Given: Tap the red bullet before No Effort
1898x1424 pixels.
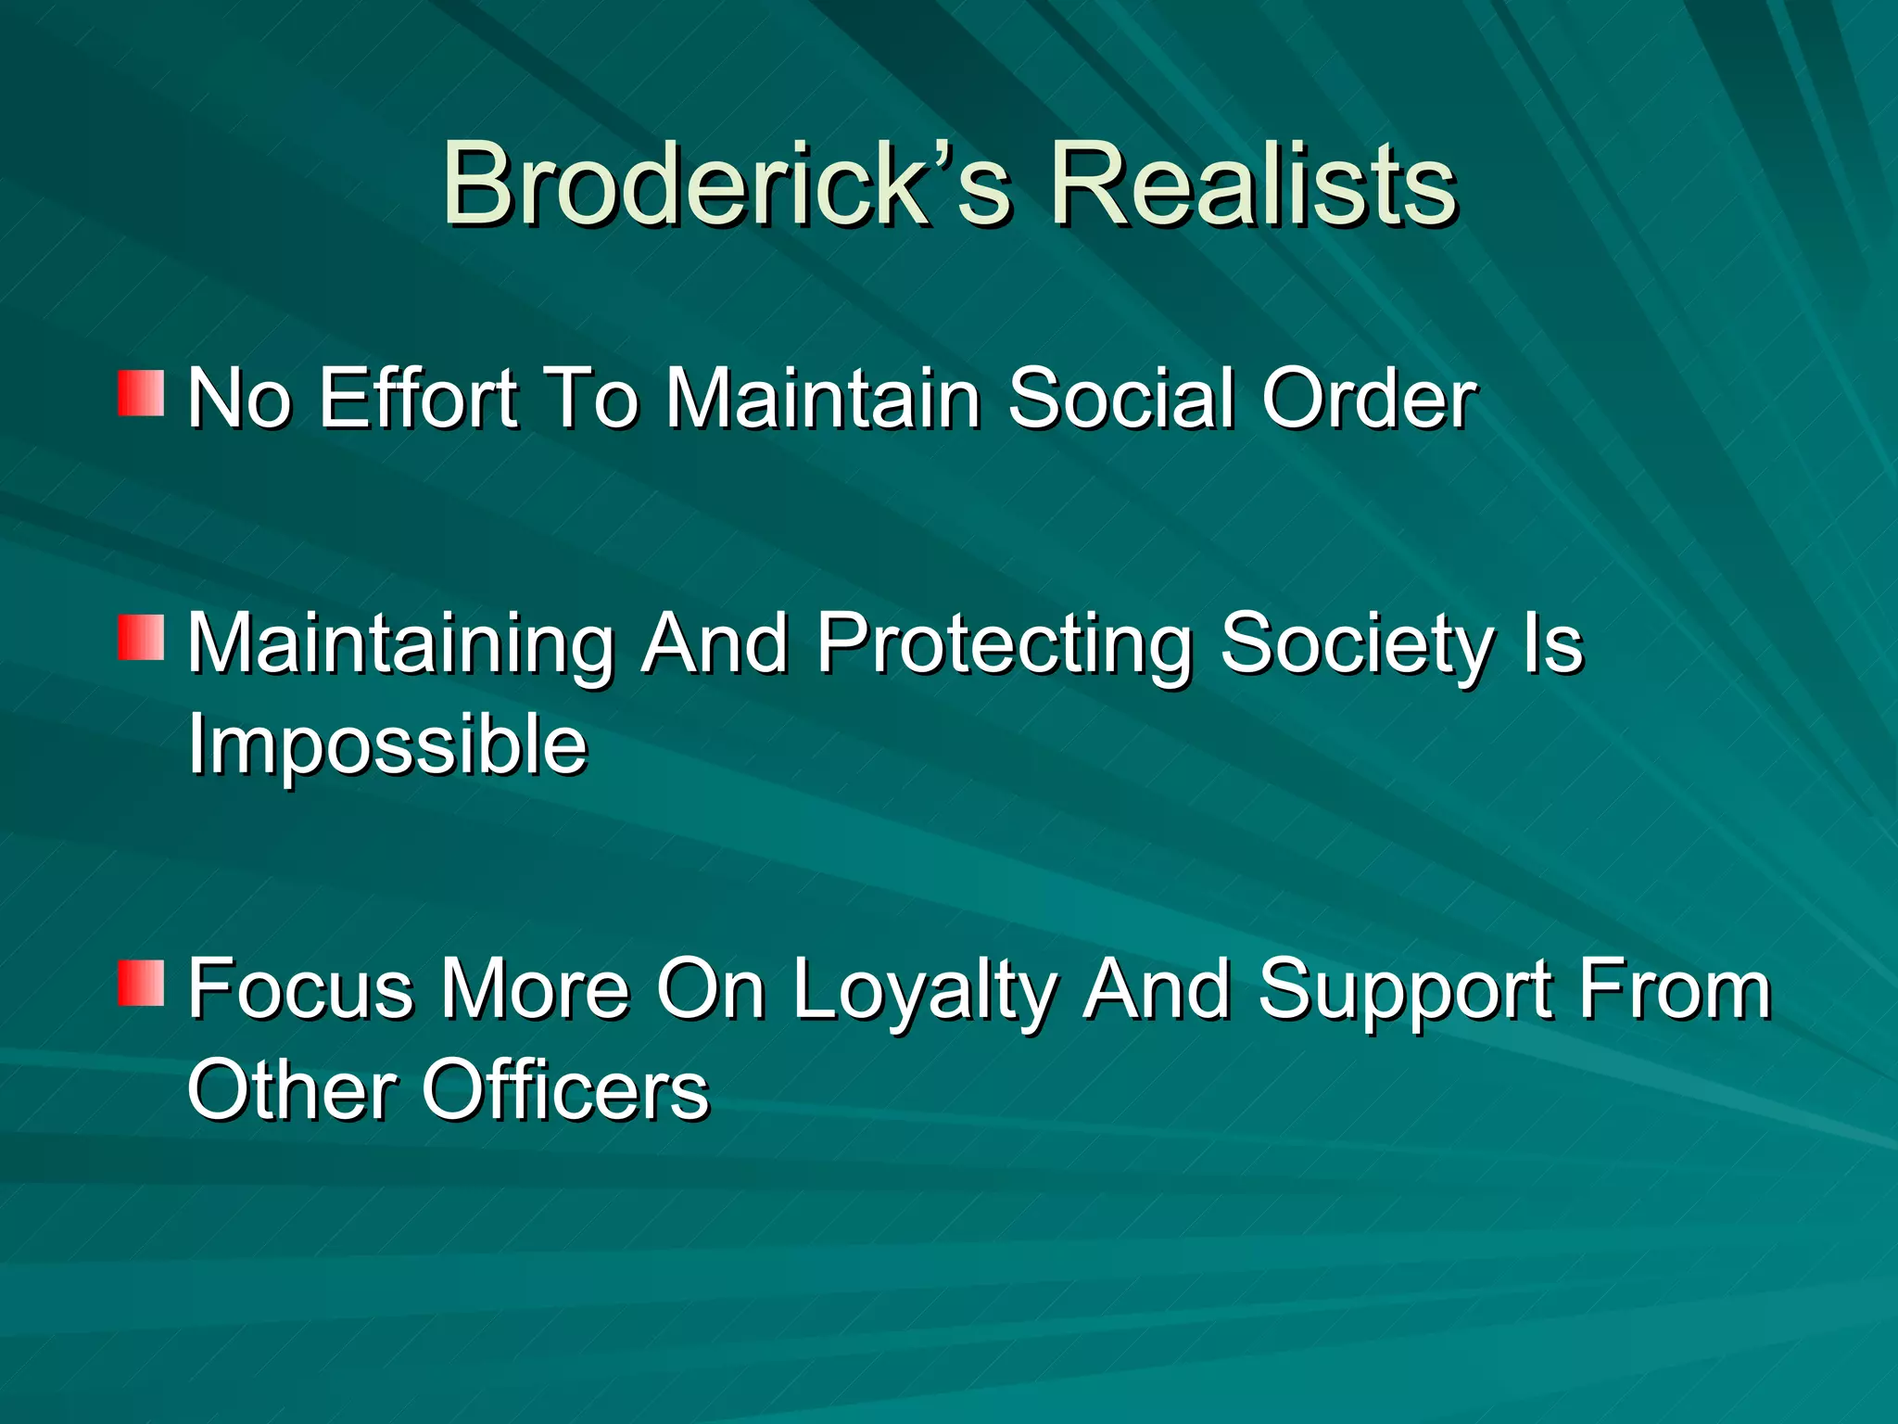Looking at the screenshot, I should [141, 393].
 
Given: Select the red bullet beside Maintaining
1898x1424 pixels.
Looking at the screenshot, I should [141, 637].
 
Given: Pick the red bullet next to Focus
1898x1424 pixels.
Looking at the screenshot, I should [141, 983].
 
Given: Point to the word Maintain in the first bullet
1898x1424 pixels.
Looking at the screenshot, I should [823, 399].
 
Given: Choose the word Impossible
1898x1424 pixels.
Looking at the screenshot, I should [387, 746].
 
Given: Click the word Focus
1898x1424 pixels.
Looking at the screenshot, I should [300, 990].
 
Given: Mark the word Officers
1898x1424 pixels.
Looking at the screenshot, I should [565, 1090].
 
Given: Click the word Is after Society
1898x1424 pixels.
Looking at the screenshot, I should [1553, 644].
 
